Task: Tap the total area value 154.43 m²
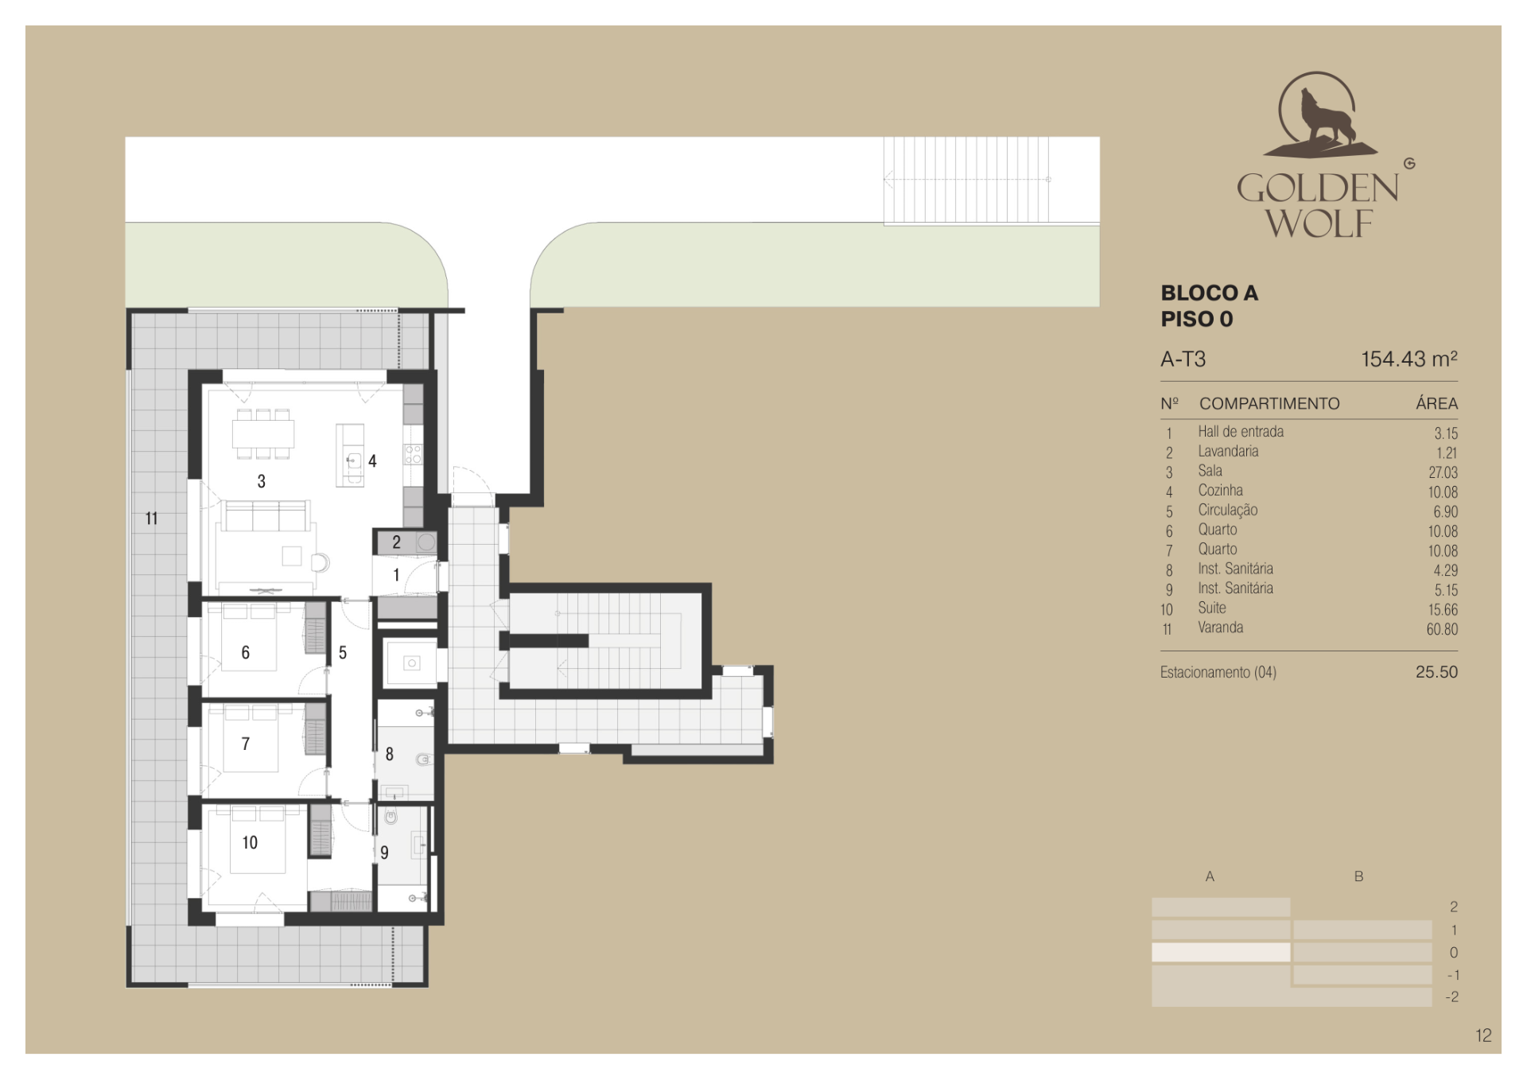pos(1408,359)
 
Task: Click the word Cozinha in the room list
pos(1220,491)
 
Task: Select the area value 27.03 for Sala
pos(1443,472)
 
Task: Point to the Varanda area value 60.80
pos(1442,629)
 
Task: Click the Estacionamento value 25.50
pos(1436,672)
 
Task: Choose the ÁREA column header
pos(1436,403)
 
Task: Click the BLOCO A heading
pos(1209,293)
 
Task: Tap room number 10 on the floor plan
pos(250,843)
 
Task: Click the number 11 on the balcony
pos(151,519)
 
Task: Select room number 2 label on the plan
pos(396,542)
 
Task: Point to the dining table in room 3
pos(263,434)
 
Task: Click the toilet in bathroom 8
pos(424,759)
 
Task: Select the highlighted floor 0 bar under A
pos(1221,952)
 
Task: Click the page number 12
pos(1483,1035)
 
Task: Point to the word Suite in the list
pos(1212,608)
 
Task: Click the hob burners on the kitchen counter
pos(413,454)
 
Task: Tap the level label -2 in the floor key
pos(1451,996)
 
